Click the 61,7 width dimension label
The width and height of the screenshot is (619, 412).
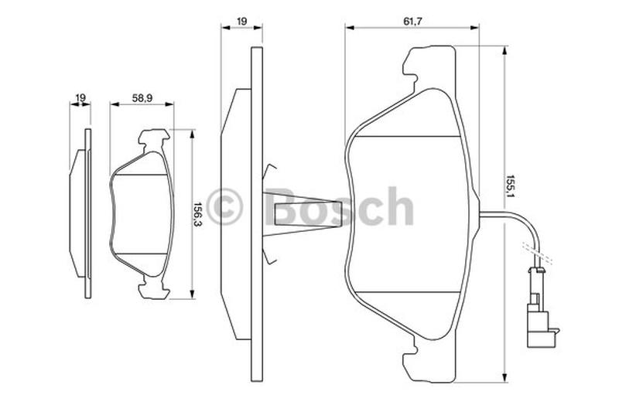point(413,22)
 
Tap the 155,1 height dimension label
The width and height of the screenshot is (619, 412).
point(511,186)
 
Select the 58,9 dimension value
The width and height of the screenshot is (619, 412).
point(142,98)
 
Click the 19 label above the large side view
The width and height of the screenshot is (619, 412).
point(241,22)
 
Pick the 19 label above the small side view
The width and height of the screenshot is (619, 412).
point(80,97)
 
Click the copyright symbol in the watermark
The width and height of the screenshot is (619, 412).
point(224,206)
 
